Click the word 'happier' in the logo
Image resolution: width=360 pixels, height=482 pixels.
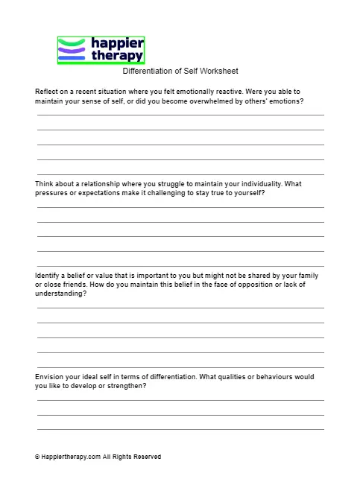click(x=116, y=43)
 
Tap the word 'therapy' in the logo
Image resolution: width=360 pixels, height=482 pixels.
click(x=116, y=55)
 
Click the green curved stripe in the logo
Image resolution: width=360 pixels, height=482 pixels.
click(x=73, y=42)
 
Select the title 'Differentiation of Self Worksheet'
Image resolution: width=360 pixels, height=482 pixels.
click(x=180, y=72)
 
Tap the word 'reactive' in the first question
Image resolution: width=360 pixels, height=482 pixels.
click(x=236, y=91)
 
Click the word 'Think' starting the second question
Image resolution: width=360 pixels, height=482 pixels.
click(x=45, y=183)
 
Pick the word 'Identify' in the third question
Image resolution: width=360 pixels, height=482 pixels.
click(x=48, y=276)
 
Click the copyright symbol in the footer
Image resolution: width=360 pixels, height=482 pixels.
click(x=37, y=457)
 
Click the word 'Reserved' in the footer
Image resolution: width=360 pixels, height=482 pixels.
click(x=147, y=457)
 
